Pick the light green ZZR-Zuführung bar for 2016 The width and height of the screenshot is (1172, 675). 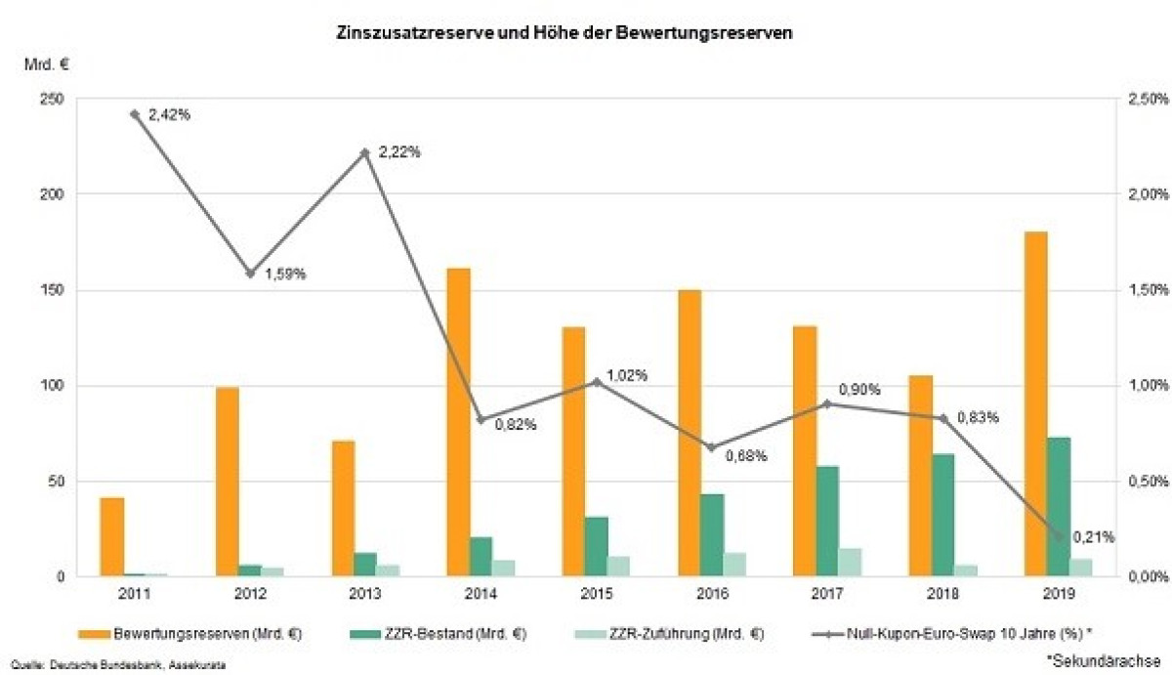735,565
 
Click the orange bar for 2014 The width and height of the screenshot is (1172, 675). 458,421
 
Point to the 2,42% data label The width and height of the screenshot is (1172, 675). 169,115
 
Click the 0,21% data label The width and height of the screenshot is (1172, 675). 1093,536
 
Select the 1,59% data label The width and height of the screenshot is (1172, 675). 286,274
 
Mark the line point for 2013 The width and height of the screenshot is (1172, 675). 365,152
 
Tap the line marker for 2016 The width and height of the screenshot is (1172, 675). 712,447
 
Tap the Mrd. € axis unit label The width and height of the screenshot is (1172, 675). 47,65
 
